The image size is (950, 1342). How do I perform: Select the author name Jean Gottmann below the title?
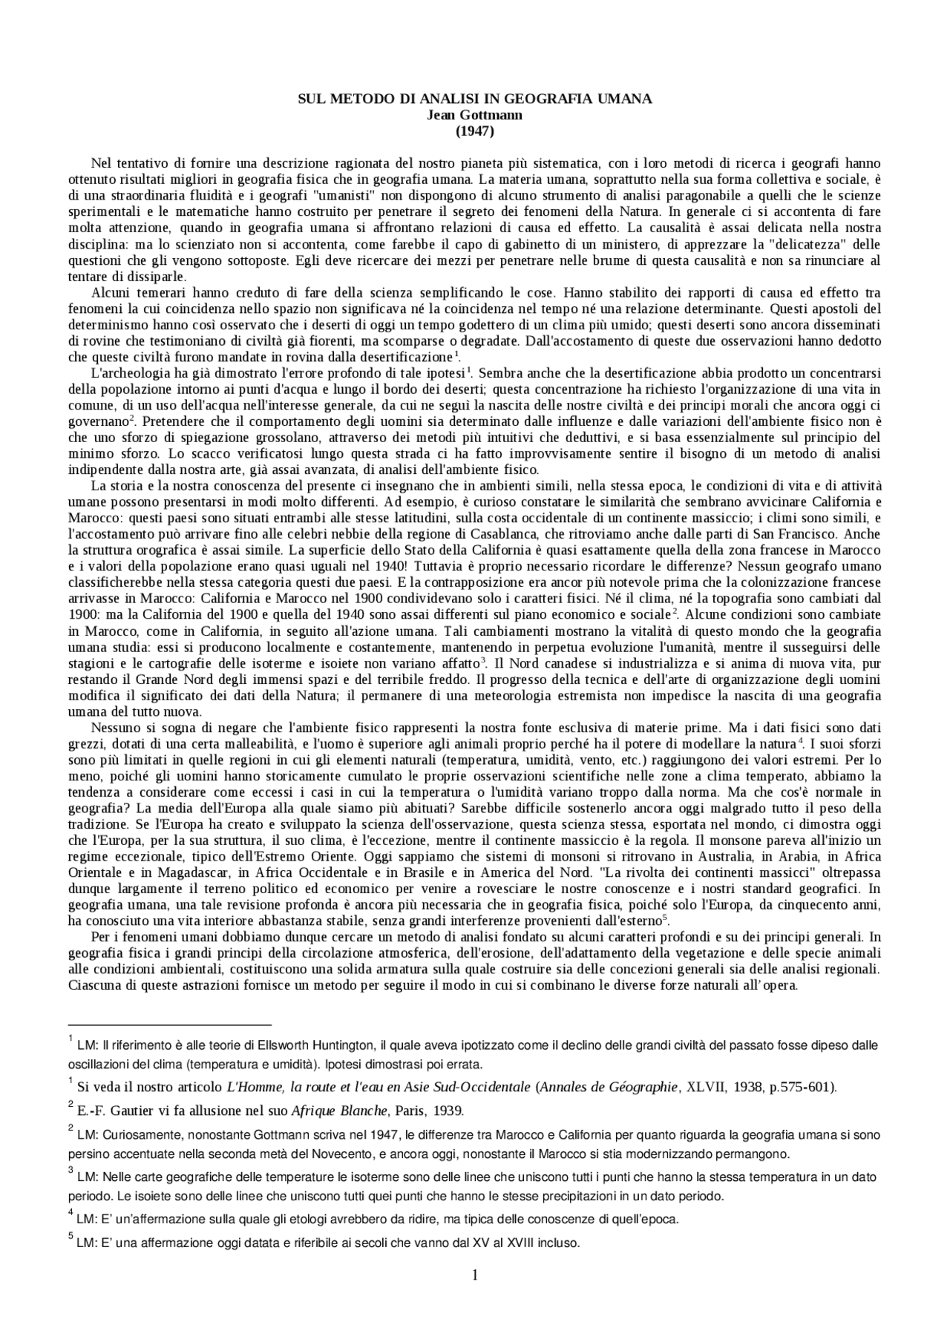pyautogui.click(x=474, y=115)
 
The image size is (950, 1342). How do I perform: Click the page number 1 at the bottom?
pyautogui.click(x=475, y=1295)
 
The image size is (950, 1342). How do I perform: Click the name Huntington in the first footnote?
pyautogui.click(x=344, y=1045)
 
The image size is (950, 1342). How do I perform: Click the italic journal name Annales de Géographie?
pyautogui.click(x=609, y=1088)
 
